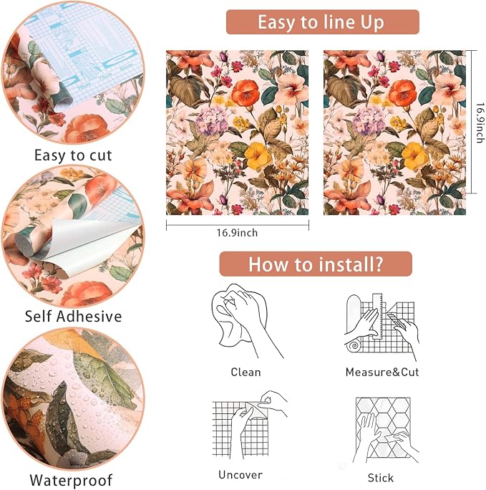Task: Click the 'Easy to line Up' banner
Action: pos(322,22)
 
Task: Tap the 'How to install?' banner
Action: pos(316,264)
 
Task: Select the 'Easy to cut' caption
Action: pos(73,155)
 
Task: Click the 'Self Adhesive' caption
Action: pos(73,316)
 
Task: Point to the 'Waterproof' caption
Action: pos(71,480)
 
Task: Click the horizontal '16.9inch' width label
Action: pos(237,233)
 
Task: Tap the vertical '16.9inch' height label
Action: pos(481,123)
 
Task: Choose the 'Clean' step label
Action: pos(246,373)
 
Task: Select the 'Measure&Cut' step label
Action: pos(382,373)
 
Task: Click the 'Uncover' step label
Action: pos(240,475)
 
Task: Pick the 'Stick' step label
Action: pos(381,478)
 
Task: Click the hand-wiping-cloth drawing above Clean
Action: pos(247,320)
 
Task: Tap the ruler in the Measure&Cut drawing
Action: pos(377,316)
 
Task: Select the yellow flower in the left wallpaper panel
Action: pos(258,155)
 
